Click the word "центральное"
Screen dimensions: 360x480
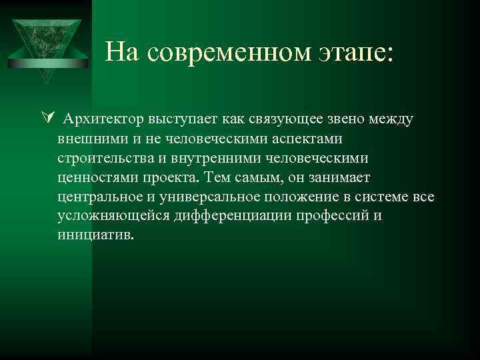[98, 197]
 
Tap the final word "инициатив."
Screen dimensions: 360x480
[95, 236]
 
